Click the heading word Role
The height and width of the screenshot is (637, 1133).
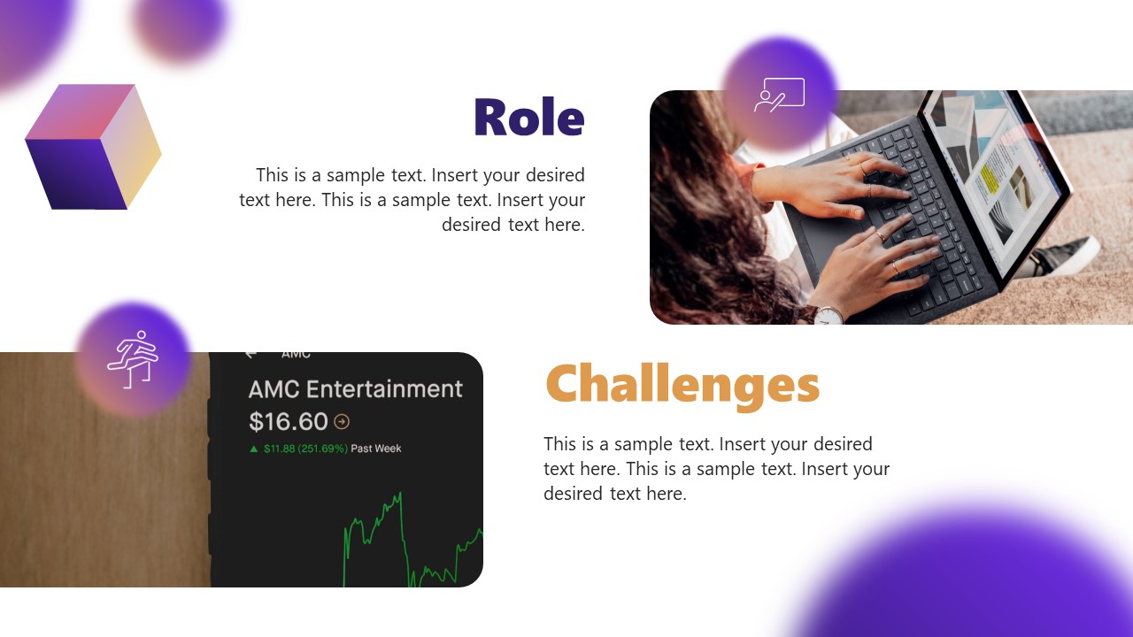(x=528, y=118)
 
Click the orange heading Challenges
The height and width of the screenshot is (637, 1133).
(x=682, y=385)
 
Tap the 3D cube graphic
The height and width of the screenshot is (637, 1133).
(x=93, y=147)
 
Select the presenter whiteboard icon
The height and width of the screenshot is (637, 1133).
(x=779, y=94)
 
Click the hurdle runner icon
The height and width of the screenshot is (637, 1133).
(x=132, y=359)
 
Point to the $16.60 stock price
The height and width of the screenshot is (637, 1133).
(x=289, y=421)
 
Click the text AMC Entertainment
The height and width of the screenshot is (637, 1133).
(x=355, y=389)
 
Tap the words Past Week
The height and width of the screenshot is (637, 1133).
(x=376, y=449)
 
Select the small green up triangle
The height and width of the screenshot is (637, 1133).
(x=254, y=449)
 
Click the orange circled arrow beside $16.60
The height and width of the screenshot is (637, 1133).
(x=342, y=422)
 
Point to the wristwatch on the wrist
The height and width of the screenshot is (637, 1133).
(x=828, y=315)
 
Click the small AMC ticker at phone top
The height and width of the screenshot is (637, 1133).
(x=296, y=355)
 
